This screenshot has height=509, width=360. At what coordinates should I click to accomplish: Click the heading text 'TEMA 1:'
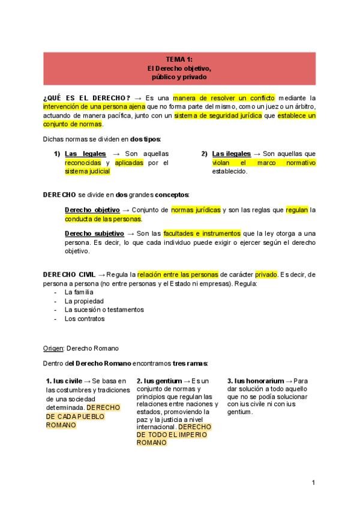point(179,59)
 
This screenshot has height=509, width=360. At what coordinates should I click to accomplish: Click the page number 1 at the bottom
point(313,482)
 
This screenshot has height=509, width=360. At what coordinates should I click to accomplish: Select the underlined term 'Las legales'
point(85,154)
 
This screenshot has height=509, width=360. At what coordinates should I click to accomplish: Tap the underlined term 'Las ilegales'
point(232,154)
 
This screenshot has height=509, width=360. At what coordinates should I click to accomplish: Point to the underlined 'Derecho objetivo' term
point(92,210)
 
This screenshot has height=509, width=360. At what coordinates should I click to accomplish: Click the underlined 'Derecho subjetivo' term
point(94,233)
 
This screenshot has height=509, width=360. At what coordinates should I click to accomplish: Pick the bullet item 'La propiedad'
point(84,301)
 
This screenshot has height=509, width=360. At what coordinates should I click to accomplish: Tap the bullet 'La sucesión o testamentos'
point(104,310)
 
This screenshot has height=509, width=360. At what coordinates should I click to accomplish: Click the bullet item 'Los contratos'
point(85,319)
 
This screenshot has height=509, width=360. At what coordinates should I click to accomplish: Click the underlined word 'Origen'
point(53,348)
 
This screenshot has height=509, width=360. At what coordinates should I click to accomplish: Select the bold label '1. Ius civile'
point(64,381)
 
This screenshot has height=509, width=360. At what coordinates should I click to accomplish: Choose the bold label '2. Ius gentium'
point(158,381)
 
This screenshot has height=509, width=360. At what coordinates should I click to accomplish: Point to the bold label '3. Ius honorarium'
point(256,381)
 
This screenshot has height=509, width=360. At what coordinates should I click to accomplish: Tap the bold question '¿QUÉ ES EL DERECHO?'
point(86,98)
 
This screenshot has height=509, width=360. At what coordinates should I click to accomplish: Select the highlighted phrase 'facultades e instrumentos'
point(205,233)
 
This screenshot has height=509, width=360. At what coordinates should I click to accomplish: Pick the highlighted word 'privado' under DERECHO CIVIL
point(266,274)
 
